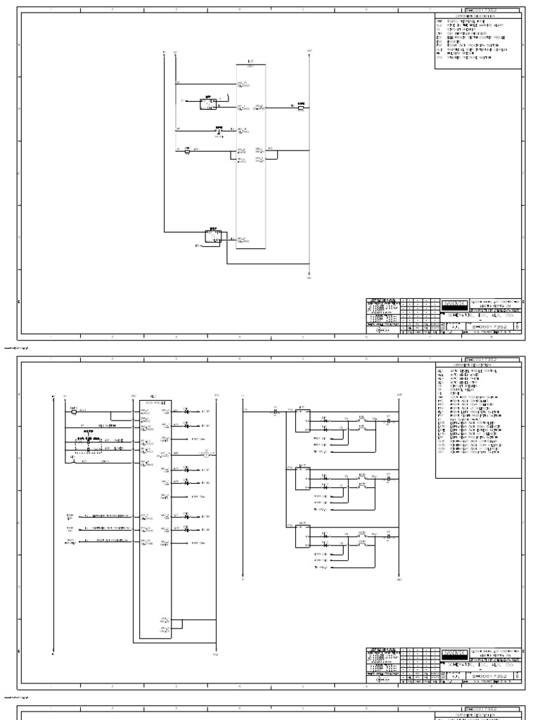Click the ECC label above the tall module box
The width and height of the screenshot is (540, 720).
251,62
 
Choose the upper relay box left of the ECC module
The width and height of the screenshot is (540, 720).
209,103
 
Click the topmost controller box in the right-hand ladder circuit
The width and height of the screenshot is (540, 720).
302,420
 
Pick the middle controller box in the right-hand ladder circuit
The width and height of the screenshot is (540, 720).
302,478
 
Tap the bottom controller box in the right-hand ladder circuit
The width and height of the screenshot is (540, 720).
302,536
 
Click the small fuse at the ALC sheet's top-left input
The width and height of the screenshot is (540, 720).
74,412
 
